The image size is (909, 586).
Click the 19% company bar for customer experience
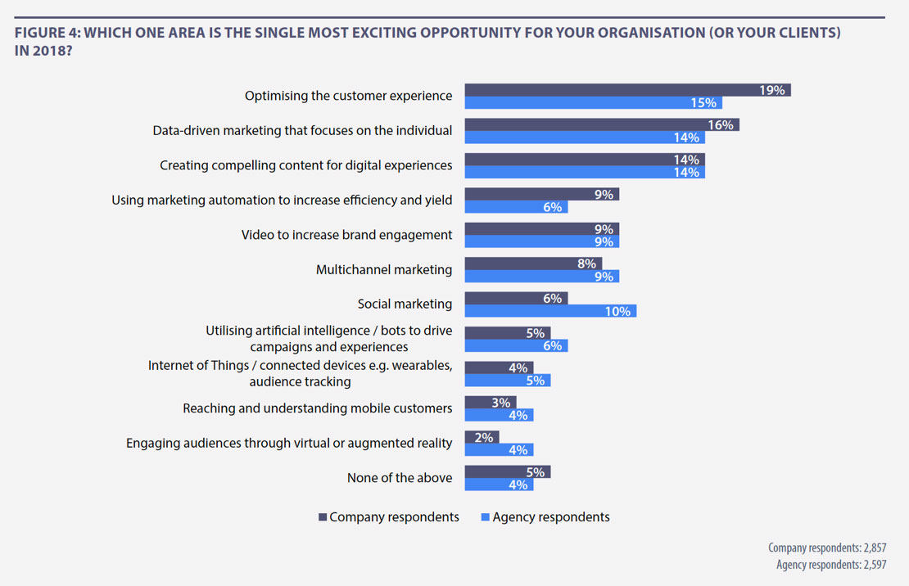(627, 90)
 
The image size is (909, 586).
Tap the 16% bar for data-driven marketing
(602, 124)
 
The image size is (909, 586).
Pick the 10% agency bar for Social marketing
(550, 311)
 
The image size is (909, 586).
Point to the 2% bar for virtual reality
(482, 438)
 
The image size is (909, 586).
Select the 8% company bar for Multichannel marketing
(533, 264)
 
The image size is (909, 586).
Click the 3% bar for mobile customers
(490, 403)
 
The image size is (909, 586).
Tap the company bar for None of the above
(507, 472)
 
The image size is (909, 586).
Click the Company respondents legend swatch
(323, 517)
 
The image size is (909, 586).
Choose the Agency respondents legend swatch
(485, 517)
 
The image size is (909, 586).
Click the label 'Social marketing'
(405, 304)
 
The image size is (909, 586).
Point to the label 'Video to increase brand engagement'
(346, 235)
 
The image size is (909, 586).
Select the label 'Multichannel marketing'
(384, 269)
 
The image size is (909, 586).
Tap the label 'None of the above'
(400, 477)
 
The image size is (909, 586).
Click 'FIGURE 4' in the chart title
(47, 34)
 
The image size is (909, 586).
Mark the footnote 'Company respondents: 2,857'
(827, 548)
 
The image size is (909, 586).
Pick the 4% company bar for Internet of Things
(499, 368)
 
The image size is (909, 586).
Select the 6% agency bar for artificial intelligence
(516, 345)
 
